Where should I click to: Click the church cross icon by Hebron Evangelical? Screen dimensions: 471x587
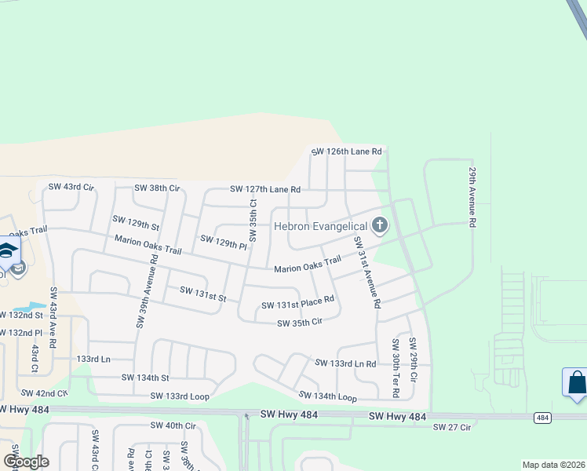380,226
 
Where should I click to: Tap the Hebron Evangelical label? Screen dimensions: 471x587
319,226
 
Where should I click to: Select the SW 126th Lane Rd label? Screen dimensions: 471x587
346,152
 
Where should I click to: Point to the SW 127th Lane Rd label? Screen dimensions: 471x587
265,189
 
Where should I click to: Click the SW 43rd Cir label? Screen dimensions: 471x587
71,187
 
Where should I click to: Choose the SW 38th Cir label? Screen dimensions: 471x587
157,188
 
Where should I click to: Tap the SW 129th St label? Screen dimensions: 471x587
136,222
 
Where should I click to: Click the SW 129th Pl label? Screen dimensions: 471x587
224,241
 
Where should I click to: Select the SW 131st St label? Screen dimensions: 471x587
202,294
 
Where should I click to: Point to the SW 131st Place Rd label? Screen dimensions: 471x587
297,302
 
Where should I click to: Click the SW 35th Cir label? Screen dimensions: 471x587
300,322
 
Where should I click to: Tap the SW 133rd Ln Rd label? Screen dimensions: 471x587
345,363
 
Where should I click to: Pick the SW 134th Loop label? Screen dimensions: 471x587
327,397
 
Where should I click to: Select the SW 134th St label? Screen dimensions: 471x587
145,378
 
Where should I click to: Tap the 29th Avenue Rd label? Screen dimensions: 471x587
472,196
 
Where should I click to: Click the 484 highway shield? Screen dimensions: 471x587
542,418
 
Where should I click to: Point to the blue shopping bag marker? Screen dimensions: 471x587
576,383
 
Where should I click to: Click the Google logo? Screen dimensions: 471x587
25,462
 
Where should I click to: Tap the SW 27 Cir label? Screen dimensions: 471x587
451,426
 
